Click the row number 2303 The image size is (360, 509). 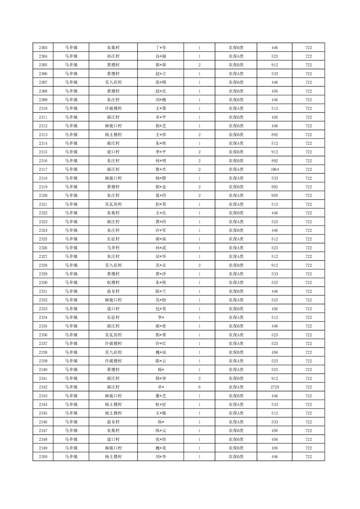coord(43,48)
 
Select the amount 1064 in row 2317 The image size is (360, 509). coord(274,169)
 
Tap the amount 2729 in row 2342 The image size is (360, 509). coord(274,387)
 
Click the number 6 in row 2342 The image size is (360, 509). coord(199,387)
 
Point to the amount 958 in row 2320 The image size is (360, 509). coord(274,196)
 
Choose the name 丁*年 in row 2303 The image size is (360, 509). coord(161,48)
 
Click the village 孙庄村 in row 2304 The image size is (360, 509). coord(113,56)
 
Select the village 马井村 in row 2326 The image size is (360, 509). coord(113,248)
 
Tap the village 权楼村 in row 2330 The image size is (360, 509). coord(113,283)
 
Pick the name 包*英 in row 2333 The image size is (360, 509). coord(161,308)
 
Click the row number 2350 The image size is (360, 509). coord(43,456)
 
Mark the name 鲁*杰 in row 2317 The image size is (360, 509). coord(161,169)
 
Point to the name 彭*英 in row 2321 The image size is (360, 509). coord(161,204)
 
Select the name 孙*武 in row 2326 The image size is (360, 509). coord(161,248)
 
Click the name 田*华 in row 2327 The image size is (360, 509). coord(161,256)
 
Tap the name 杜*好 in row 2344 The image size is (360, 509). coord(161,404)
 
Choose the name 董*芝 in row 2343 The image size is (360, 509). coord(161,396)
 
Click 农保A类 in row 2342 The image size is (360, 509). coord(236,387)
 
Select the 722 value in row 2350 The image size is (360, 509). coord(308,456)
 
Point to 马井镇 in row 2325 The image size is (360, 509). coord(71,239)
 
